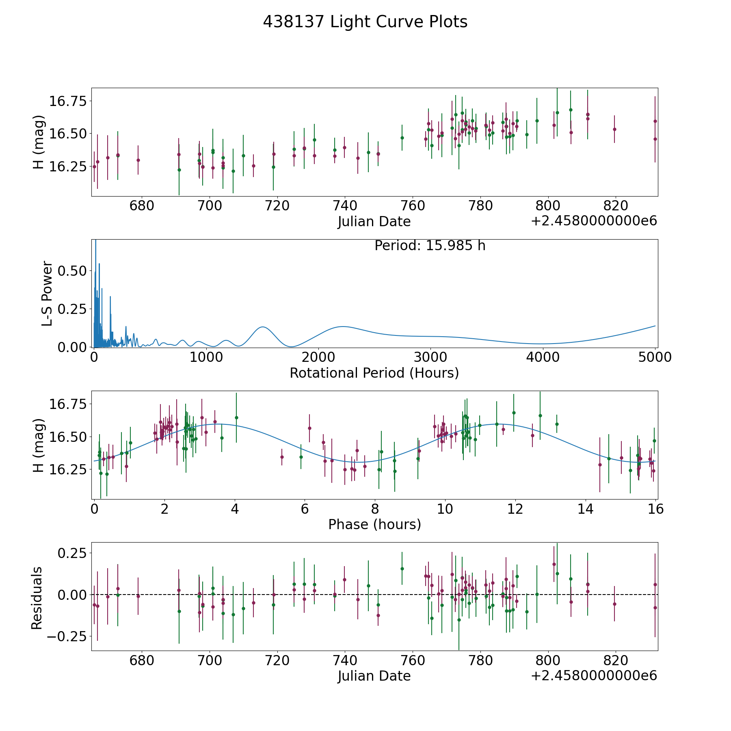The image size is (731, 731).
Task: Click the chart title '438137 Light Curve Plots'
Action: [x=365, y=22]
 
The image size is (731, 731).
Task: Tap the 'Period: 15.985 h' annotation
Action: [x=430, y=246]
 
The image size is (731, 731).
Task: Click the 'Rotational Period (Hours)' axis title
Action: [x=374, y=373]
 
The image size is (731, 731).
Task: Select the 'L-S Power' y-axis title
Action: [x=47, y=293]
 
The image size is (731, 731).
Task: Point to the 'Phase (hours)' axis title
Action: [x=374, y=524]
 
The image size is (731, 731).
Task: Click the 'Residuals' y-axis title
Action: [x=37, y=598]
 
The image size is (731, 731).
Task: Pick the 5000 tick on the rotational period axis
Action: [x=655, y=357]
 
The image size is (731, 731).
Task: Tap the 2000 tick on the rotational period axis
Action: [x=318, y=357]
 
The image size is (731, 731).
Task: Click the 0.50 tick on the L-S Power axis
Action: [x=72, y=271]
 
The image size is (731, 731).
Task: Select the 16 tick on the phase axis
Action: [x=656, y=509]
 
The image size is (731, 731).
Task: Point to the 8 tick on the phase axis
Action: [x=375, y=509]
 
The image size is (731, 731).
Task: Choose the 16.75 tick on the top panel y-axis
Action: [x=67, y=101]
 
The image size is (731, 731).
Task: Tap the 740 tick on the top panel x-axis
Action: [x=345, y=205]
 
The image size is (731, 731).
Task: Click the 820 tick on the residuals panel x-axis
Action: [x=616, y=660]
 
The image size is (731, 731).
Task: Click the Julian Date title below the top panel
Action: [x=374, y=222]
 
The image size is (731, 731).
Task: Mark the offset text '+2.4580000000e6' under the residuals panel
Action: [x=594, y=675]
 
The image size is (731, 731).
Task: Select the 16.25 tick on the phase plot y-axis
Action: [x=67, y=470]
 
